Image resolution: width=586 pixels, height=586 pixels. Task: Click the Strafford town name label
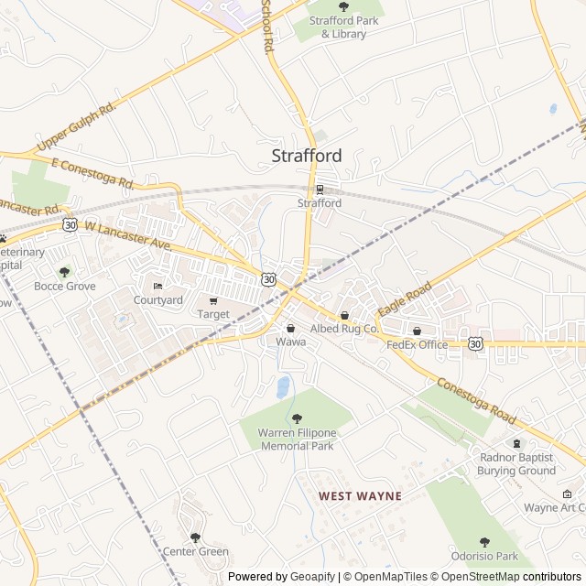click(307, 156)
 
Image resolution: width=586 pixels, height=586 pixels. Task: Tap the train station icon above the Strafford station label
click(320, 190)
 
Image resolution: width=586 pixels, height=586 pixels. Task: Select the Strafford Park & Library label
click(343, 27)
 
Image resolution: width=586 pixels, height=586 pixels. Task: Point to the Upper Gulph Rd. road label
click(77, 127)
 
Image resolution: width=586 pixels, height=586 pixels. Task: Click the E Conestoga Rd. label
click(93, 173)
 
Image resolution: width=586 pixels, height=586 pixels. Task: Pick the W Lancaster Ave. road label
click(128, 236)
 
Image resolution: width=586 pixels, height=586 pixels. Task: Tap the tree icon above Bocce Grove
click(64, 272)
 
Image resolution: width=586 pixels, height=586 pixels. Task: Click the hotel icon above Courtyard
click(157, 287)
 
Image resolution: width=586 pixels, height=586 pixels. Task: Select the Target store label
click(214, 314)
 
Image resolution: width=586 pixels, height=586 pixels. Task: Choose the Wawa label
click(290, 342)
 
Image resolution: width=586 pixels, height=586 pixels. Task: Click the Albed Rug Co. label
click(344, 328)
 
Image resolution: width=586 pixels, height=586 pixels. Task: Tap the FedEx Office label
click(417, 344)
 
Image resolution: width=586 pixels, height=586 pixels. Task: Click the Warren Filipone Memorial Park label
click(297, 439)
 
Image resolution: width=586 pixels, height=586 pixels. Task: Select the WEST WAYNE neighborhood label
click(360, 495)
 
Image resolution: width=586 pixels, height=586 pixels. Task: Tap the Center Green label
click(195, 551)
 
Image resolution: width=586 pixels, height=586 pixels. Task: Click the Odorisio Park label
click(484, 556)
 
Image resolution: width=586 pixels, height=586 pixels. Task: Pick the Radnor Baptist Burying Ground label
click(516, 463)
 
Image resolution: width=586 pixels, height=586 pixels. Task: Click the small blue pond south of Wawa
click(283, 386)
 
